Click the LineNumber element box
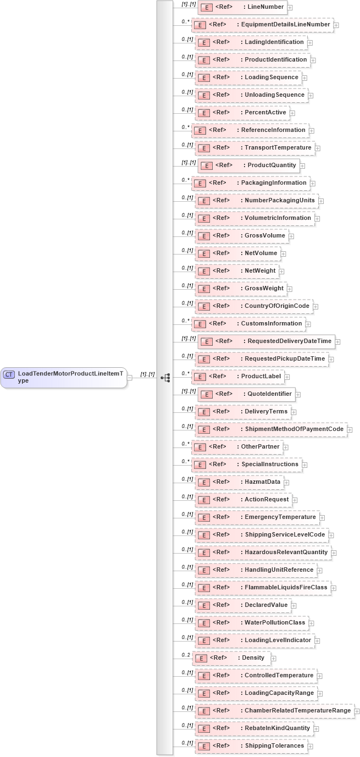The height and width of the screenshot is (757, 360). [242, 7]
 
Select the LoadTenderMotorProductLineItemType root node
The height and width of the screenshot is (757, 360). [64, 377]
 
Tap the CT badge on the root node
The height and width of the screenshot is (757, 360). [9, 374]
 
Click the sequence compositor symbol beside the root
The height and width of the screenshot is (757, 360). [165, 378]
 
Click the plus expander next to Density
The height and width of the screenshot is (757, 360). [274, 658]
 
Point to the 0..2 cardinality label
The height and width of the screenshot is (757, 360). [186, 655]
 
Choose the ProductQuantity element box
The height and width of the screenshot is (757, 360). [248, 165]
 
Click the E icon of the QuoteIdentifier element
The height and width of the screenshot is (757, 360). [206, 394]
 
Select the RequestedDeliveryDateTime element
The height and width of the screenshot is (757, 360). [266, 341]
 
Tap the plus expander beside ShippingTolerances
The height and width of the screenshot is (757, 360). [311, 746]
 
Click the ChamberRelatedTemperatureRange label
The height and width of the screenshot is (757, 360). [297, 711]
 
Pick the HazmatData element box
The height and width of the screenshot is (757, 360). [239, 482]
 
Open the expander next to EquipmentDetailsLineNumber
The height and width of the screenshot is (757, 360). [336, 25]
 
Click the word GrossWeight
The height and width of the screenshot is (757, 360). [264, 289]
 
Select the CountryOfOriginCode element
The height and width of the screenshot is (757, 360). [253, 306]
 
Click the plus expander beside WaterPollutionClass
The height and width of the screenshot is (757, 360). [311, 623]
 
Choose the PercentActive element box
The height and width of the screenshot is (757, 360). [242, 113]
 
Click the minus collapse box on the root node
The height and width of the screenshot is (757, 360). [130, 378]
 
